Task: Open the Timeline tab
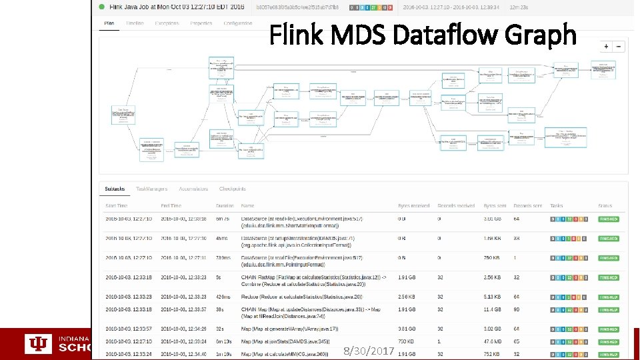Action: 135,23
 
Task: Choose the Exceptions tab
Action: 167,23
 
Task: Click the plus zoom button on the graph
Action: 606,47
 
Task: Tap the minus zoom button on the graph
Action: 619,47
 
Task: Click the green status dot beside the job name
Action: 102,7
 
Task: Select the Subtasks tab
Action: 116,189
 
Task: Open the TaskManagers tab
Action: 152,189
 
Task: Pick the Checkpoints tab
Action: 233,189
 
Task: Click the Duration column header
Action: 225,206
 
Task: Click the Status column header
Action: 605,206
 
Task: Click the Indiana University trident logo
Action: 38,343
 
